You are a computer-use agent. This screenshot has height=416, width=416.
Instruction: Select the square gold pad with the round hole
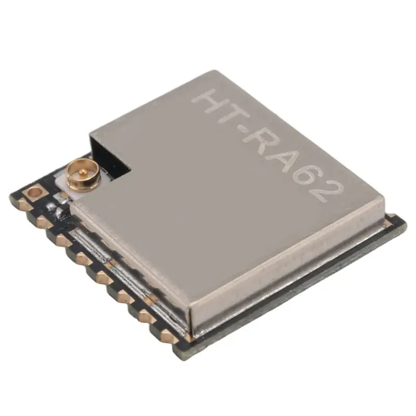[x=34, y=193]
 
